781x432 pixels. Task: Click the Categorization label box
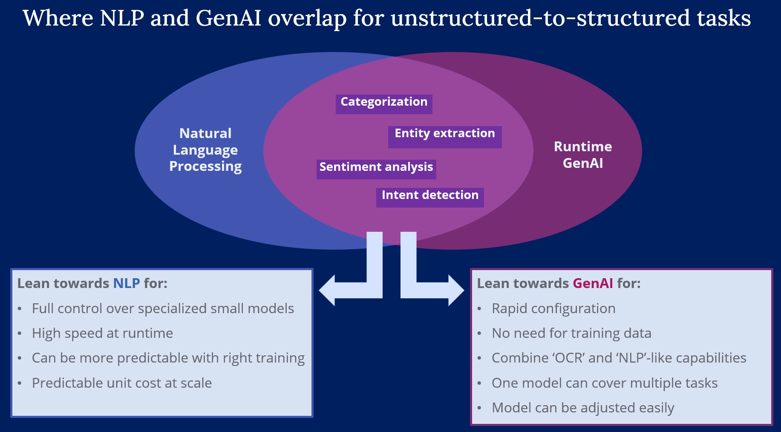pos(384,104)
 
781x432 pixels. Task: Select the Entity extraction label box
pos(445,136)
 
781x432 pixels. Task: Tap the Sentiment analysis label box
pos(376,169)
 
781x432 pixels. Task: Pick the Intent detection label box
pos(430,197)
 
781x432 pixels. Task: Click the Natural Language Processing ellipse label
pos(205,150)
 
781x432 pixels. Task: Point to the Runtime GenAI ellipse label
pos(583,155)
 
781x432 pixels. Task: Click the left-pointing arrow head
pos(328,290)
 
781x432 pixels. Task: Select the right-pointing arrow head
pos(455,290)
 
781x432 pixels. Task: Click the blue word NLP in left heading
pos(126,283)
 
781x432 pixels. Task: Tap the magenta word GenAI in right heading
pos(593,283)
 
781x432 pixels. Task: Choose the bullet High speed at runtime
pos(102,333)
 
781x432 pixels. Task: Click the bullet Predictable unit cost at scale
pos(122,383)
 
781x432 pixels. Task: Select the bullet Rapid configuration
pos(553,308)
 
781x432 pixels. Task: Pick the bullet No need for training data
pos(571,333)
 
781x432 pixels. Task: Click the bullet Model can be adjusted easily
pos(583,408)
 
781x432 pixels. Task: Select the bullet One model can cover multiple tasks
pos(605,383)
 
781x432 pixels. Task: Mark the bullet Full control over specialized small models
pos(163,308)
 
